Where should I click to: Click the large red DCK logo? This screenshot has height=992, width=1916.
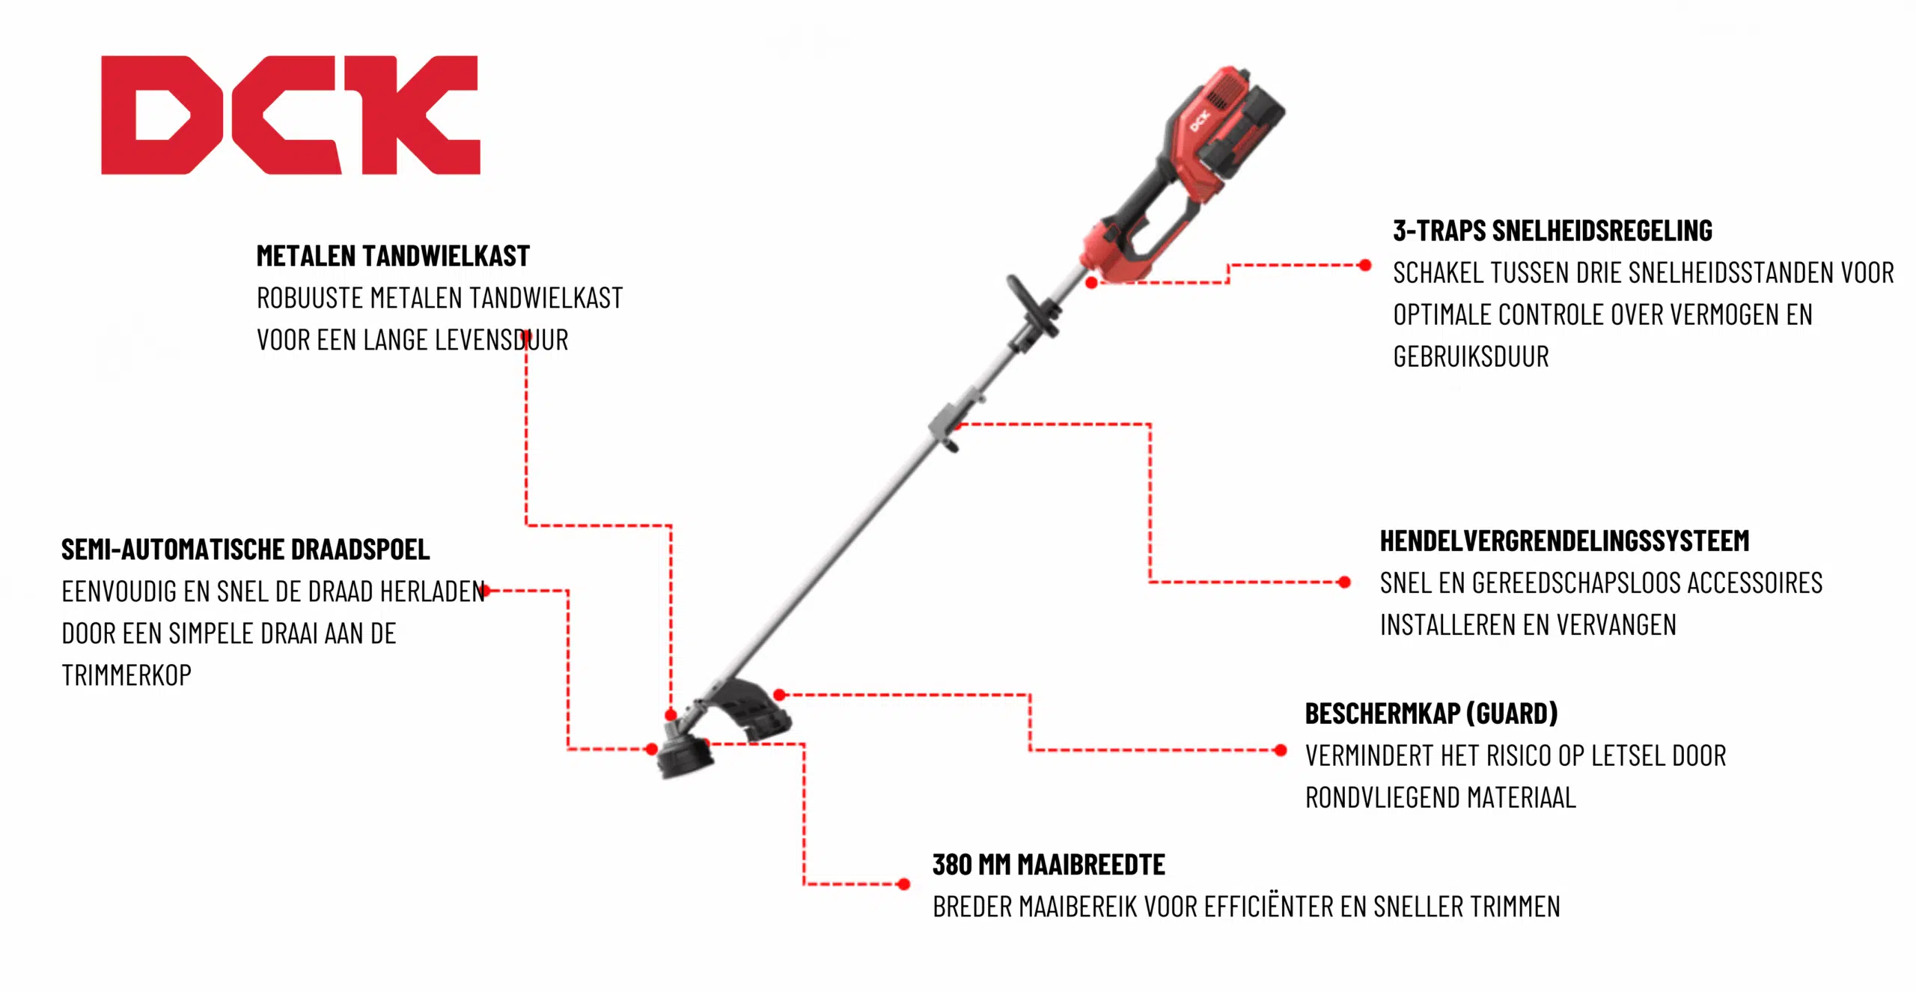[290, 115]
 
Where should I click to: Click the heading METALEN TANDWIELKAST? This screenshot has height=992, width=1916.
[393, 256]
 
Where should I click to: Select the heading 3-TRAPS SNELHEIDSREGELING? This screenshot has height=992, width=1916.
[1552, 231]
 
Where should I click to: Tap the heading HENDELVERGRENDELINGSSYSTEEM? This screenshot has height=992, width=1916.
[1564, 541]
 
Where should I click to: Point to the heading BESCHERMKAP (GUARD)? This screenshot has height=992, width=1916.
[1431, 713]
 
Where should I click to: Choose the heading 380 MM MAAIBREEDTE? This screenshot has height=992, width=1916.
[1049, 865]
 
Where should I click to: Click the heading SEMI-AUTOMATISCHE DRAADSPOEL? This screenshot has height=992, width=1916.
[245, 550]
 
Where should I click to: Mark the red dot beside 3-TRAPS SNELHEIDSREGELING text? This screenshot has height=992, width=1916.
[1365, 265]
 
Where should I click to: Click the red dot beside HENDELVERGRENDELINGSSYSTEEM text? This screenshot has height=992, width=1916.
[1344, 582]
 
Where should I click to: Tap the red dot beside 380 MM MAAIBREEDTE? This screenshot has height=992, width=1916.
[904, 884]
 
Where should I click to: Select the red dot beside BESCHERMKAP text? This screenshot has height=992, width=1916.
[1281, 750]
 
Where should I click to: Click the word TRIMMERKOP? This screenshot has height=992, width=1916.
[126, 676]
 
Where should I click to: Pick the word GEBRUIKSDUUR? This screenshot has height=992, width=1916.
[1471, 357]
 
